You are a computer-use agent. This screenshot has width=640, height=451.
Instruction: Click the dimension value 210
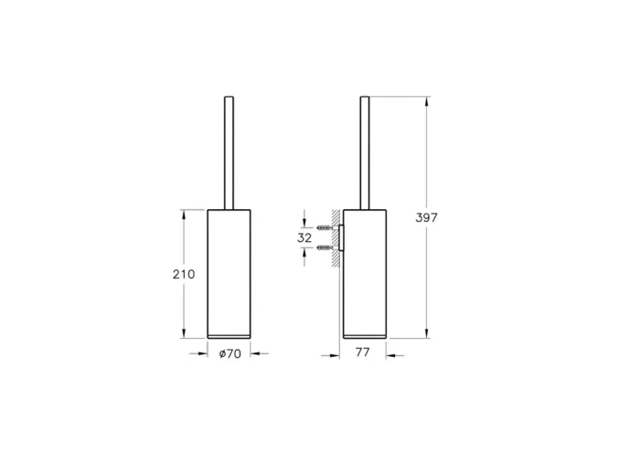click(184, 274)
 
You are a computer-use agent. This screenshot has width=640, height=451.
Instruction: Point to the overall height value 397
click(427, 217)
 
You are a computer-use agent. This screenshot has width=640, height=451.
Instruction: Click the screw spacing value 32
click(305, 237)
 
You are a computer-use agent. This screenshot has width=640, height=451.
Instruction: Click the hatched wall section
click(336, 242)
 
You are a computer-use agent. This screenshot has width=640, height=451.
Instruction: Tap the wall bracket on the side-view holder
click(341, 237)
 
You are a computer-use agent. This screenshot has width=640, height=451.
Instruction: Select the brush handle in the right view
click(366, 151)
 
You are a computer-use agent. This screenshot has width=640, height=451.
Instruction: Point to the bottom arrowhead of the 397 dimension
click(427, 334)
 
